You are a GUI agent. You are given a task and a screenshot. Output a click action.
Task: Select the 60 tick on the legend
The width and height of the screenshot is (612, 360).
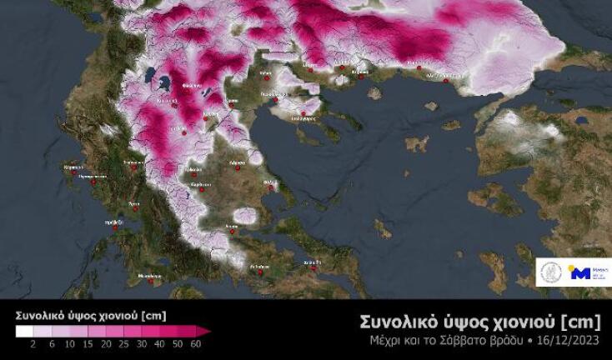[x=197, y=343]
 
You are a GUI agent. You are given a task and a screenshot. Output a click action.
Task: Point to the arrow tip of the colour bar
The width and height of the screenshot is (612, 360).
[x=208, y=331]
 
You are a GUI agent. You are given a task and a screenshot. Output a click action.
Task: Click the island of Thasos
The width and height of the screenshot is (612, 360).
[x=374, y=92]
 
